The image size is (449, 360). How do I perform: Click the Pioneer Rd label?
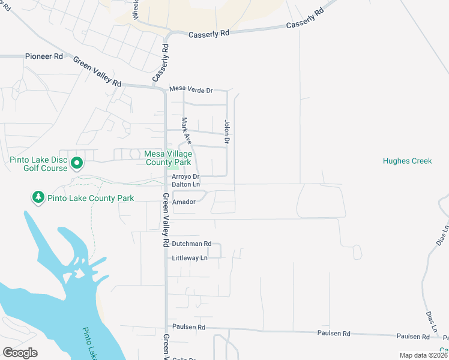[x=44, y=56]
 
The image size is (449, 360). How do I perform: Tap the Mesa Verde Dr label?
[x=191, y=90]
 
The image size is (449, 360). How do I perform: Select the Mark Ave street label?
[x=187, y=131]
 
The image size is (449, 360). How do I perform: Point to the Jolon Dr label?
[x=227, y=132]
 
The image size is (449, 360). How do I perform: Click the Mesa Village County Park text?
[x=168, y=158]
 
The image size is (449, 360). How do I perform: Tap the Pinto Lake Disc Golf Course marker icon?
[x=76, y=163]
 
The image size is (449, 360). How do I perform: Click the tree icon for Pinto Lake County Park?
[x=38, y=197]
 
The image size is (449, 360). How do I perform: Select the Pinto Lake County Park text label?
[x=92, y=198]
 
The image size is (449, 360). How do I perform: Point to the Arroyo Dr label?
[x=185, y=177]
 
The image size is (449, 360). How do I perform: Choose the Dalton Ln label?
[x=185, y=185]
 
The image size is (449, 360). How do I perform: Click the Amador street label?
[x=184, y=202]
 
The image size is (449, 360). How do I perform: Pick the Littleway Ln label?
[x=189, y=257]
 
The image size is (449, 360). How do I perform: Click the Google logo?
[x=20, y=353]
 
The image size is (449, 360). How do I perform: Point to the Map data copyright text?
[x=423, y=355]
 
